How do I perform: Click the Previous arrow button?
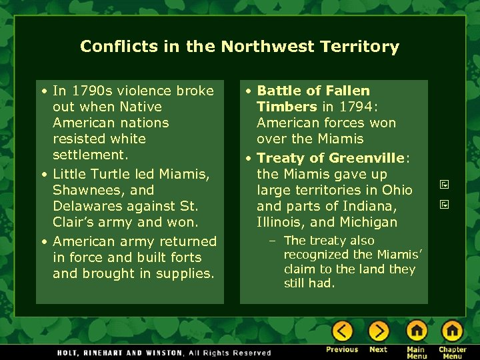pos(342,331)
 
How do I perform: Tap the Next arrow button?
pos(378,331)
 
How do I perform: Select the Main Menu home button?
pos(417,331)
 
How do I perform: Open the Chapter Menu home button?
pos(453,331)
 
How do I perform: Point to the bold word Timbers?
pos(287,107)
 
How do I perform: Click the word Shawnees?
pos(84,190)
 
